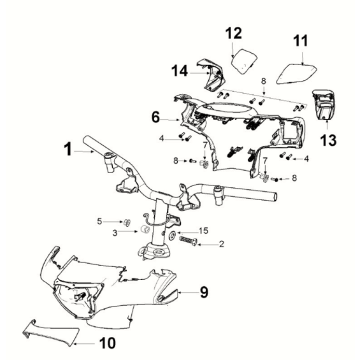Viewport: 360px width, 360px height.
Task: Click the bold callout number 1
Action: (68, 149)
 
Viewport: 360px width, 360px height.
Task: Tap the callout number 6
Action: (155, 117)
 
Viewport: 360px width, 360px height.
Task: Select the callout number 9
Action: (204, 292)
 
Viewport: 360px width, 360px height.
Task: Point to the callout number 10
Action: (107, 343)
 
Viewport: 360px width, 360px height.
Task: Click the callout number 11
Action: (301, 41)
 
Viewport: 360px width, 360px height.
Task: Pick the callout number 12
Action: (233, 33)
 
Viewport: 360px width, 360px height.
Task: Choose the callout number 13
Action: (328, 140)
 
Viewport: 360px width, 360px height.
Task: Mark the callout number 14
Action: (180, 71)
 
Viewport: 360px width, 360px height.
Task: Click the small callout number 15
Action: (203, 231)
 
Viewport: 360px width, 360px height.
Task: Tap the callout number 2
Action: (221, 244)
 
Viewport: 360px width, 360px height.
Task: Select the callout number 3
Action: (115, 233)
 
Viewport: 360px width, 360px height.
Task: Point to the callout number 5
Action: (99, 221)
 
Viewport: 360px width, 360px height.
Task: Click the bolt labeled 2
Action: (188, 240)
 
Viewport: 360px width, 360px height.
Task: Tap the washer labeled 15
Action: (173, 234)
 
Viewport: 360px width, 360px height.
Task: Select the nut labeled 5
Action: (127, 222)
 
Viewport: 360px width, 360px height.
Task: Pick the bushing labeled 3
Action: (144, 230)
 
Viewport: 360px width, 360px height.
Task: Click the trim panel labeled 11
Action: (297, 73)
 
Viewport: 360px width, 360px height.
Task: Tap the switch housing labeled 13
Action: (323, 104)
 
